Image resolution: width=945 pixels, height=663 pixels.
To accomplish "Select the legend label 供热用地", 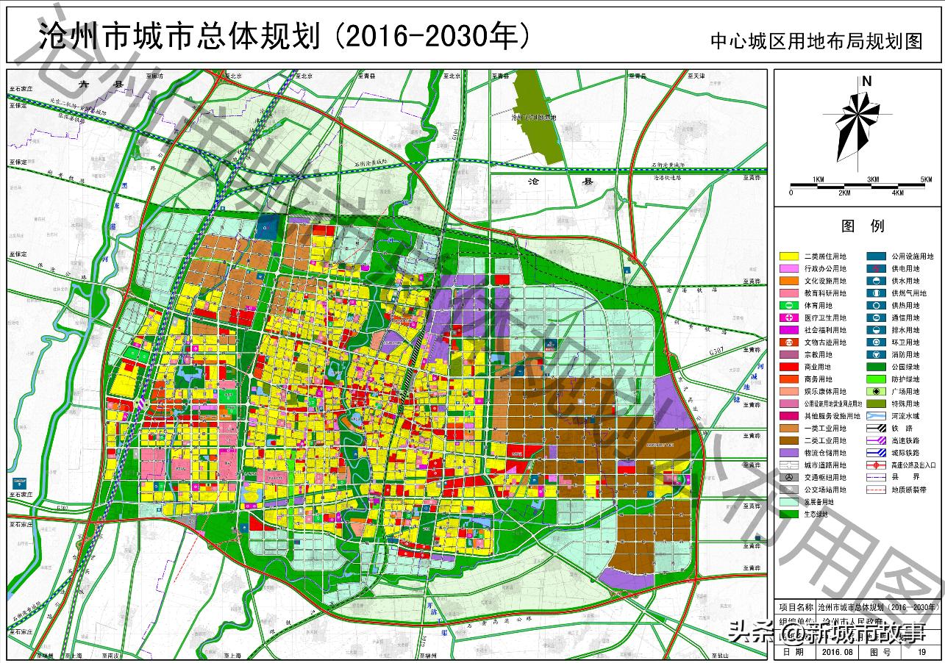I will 906,306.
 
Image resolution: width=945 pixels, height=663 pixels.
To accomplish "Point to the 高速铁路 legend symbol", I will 875,440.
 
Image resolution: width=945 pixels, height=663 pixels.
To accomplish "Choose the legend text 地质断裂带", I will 908,490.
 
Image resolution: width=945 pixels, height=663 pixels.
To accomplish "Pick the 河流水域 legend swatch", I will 875,416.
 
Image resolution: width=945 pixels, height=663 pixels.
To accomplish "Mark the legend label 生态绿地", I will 815,515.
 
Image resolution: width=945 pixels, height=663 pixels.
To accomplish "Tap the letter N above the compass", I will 866,82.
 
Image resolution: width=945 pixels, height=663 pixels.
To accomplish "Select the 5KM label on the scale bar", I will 926,180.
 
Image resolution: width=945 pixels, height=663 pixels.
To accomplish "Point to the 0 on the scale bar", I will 791,193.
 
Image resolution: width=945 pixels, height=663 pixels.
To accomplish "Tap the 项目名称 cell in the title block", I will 796,608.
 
